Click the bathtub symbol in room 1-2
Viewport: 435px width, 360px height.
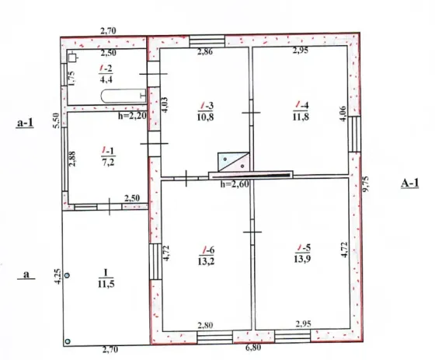coord(124,96)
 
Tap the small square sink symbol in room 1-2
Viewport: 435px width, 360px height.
coord(73,58)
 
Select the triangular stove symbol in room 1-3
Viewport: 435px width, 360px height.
coord(233,162)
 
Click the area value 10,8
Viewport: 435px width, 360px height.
coord(206,117)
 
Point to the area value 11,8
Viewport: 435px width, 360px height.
coord(301,117)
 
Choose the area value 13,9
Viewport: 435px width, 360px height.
coord(302,259)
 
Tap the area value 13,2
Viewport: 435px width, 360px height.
coord(206,261)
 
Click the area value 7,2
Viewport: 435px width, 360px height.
coord(108,162)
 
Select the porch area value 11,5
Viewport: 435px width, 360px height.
coord(106,284)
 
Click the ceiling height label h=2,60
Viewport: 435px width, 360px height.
coord(235,184)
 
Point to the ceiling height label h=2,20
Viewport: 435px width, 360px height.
coord(132,116)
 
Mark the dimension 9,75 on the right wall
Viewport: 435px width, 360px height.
coord(366,184)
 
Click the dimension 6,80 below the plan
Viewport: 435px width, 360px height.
coord(253,348)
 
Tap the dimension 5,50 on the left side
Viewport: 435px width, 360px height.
coord(56,121)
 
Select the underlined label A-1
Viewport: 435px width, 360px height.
coord(410,183)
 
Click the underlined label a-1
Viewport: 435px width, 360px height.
coord(25,123)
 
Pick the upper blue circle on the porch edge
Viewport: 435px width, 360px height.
coord(67,275)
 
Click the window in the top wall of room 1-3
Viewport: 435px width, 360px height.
coord(207,41)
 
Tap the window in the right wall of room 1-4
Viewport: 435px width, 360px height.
coord(354,134)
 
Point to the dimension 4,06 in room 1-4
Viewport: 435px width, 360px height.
coord(343,114)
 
